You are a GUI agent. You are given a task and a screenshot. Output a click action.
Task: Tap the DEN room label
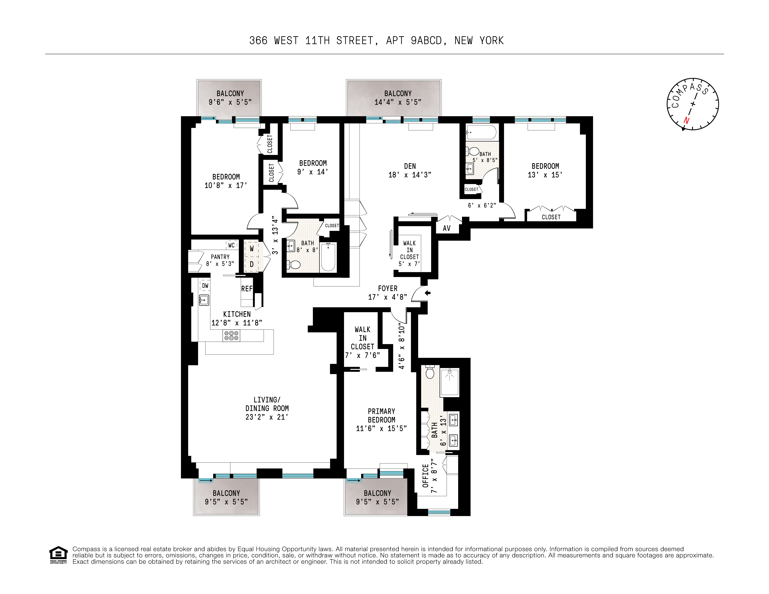click(x=410, y=166)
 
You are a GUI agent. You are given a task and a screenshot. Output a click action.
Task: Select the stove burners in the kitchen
click(x=231, y=335)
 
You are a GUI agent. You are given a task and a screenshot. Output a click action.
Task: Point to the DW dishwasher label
click(x=205, y=286)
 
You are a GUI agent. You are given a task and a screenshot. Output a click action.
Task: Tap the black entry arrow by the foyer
click(x=427, y=293)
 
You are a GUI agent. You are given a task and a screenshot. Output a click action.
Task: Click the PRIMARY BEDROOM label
click(x=381, y=416)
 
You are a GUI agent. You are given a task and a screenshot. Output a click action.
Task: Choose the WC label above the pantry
click(x=231, y=245)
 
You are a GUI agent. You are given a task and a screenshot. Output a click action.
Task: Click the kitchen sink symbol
click(x=204, y=300)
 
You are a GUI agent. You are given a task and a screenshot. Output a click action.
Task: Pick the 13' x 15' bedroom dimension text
click(x=545, y=175)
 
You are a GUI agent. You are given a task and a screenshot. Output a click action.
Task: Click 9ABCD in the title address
click(x=426, y=41)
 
